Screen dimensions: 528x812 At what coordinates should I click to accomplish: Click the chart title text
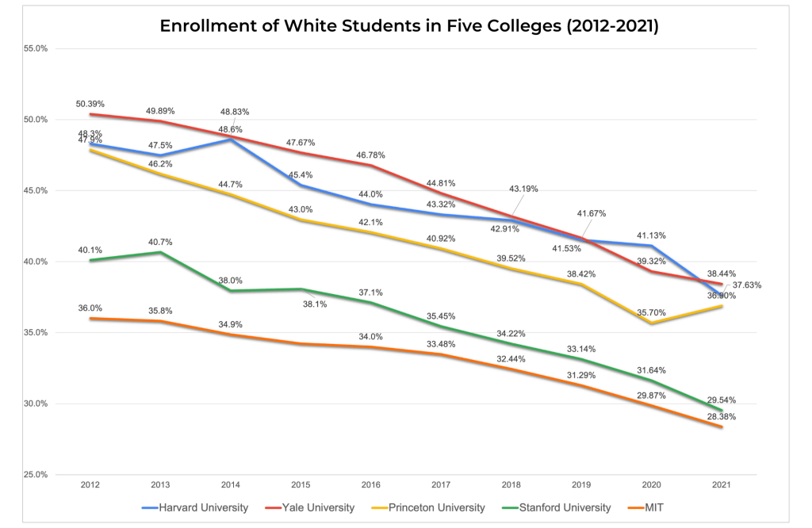pos(409,25)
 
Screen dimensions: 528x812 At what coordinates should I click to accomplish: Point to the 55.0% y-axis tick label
pos(37,48)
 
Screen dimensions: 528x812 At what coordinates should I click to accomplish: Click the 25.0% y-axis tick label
pos(37,475)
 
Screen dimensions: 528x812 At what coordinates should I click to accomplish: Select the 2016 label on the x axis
pos(370,484)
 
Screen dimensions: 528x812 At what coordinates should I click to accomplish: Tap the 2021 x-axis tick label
pos(722,484)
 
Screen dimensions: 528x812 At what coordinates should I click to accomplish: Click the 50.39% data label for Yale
pos(90,104)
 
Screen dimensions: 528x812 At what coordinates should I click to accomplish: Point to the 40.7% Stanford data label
pos(160,242)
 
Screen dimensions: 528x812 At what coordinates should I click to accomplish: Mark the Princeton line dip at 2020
pos(651,323)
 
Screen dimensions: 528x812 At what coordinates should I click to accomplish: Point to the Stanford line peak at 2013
pos(160,252)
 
